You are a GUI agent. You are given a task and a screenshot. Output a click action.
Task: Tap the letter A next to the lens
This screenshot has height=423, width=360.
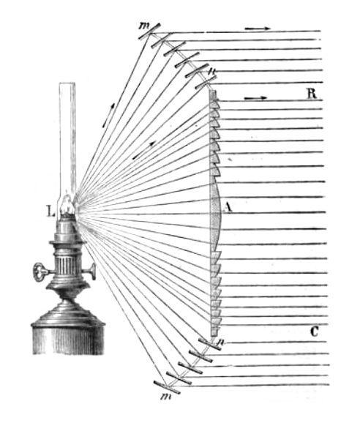pos(228,207)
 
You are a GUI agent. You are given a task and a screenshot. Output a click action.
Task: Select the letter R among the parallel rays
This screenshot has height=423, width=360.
pos(312,94)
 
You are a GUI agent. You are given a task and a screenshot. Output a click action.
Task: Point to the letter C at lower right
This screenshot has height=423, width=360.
pos(315,332)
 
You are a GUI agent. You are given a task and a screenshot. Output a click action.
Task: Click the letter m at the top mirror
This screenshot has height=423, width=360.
pos(143,26)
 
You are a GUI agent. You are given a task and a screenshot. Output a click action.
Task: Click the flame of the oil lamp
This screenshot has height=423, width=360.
pos(67,206)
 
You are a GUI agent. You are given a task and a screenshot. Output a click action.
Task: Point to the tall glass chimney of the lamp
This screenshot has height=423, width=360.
pos(67,141)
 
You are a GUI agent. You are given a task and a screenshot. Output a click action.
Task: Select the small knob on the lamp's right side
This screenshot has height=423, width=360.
pos(93,272)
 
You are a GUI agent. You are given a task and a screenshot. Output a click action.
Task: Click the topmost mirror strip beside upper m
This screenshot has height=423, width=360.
pos(150,31)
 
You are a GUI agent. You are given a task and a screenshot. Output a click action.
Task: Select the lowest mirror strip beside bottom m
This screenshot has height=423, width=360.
pos(167,387)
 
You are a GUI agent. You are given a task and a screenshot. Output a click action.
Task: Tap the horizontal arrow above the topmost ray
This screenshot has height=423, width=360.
pos(257,29)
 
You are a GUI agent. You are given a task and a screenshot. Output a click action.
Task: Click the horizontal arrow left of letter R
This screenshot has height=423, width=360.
pos(255,99)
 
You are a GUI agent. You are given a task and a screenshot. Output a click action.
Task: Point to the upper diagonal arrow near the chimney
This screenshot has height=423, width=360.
pos(109,115)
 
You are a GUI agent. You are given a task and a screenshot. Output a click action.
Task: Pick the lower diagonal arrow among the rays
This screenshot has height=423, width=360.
pos(144,150)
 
